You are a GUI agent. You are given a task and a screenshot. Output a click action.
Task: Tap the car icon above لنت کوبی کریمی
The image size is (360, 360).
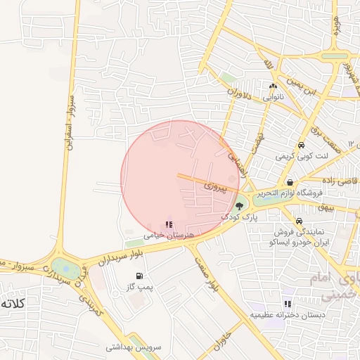click(x=301, y=146)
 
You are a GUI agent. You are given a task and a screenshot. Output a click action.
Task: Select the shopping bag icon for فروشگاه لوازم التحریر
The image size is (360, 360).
click(x=290, y=182)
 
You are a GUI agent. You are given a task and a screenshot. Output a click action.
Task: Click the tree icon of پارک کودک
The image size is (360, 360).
click(x=240, y=207)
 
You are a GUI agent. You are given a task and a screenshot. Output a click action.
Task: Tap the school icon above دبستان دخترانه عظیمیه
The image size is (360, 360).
click(x=287, y=304)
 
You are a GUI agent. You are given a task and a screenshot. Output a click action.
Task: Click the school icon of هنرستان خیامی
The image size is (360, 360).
click(x=167, y=224)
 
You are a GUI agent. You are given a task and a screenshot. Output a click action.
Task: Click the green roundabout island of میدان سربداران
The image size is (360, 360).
click(x=63, y=267)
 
